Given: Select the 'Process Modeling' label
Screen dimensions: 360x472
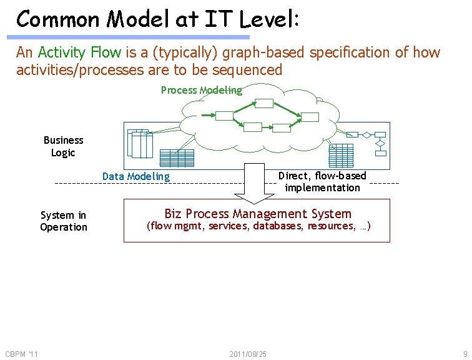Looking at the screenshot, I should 201,90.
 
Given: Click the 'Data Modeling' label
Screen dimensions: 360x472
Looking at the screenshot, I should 136,176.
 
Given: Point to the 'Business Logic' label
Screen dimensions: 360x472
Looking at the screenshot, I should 63,146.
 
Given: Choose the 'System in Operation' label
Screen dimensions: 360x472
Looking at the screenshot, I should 64,221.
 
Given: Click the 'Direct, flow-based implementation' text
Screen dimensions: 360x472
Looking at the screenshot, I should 322,182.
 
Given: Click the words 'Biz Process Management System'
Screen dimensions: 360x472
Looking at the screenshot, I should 257,214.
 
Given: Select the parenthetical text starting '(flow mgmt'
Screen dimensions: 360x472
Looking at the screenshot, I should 258,226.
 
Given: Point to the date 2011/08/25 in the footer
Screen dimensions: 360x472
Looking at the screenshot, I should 248,354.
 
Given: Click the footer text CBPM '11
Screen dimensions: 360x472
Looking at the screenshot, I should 21,354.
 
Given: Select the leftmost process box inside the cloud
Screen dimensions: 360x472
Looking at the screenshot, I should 224,116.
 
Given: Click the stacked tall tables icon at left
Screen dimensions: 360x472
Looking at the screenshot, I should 140,143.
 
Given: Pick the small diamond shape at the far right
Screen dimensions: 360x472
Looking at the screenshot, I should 380,144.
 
